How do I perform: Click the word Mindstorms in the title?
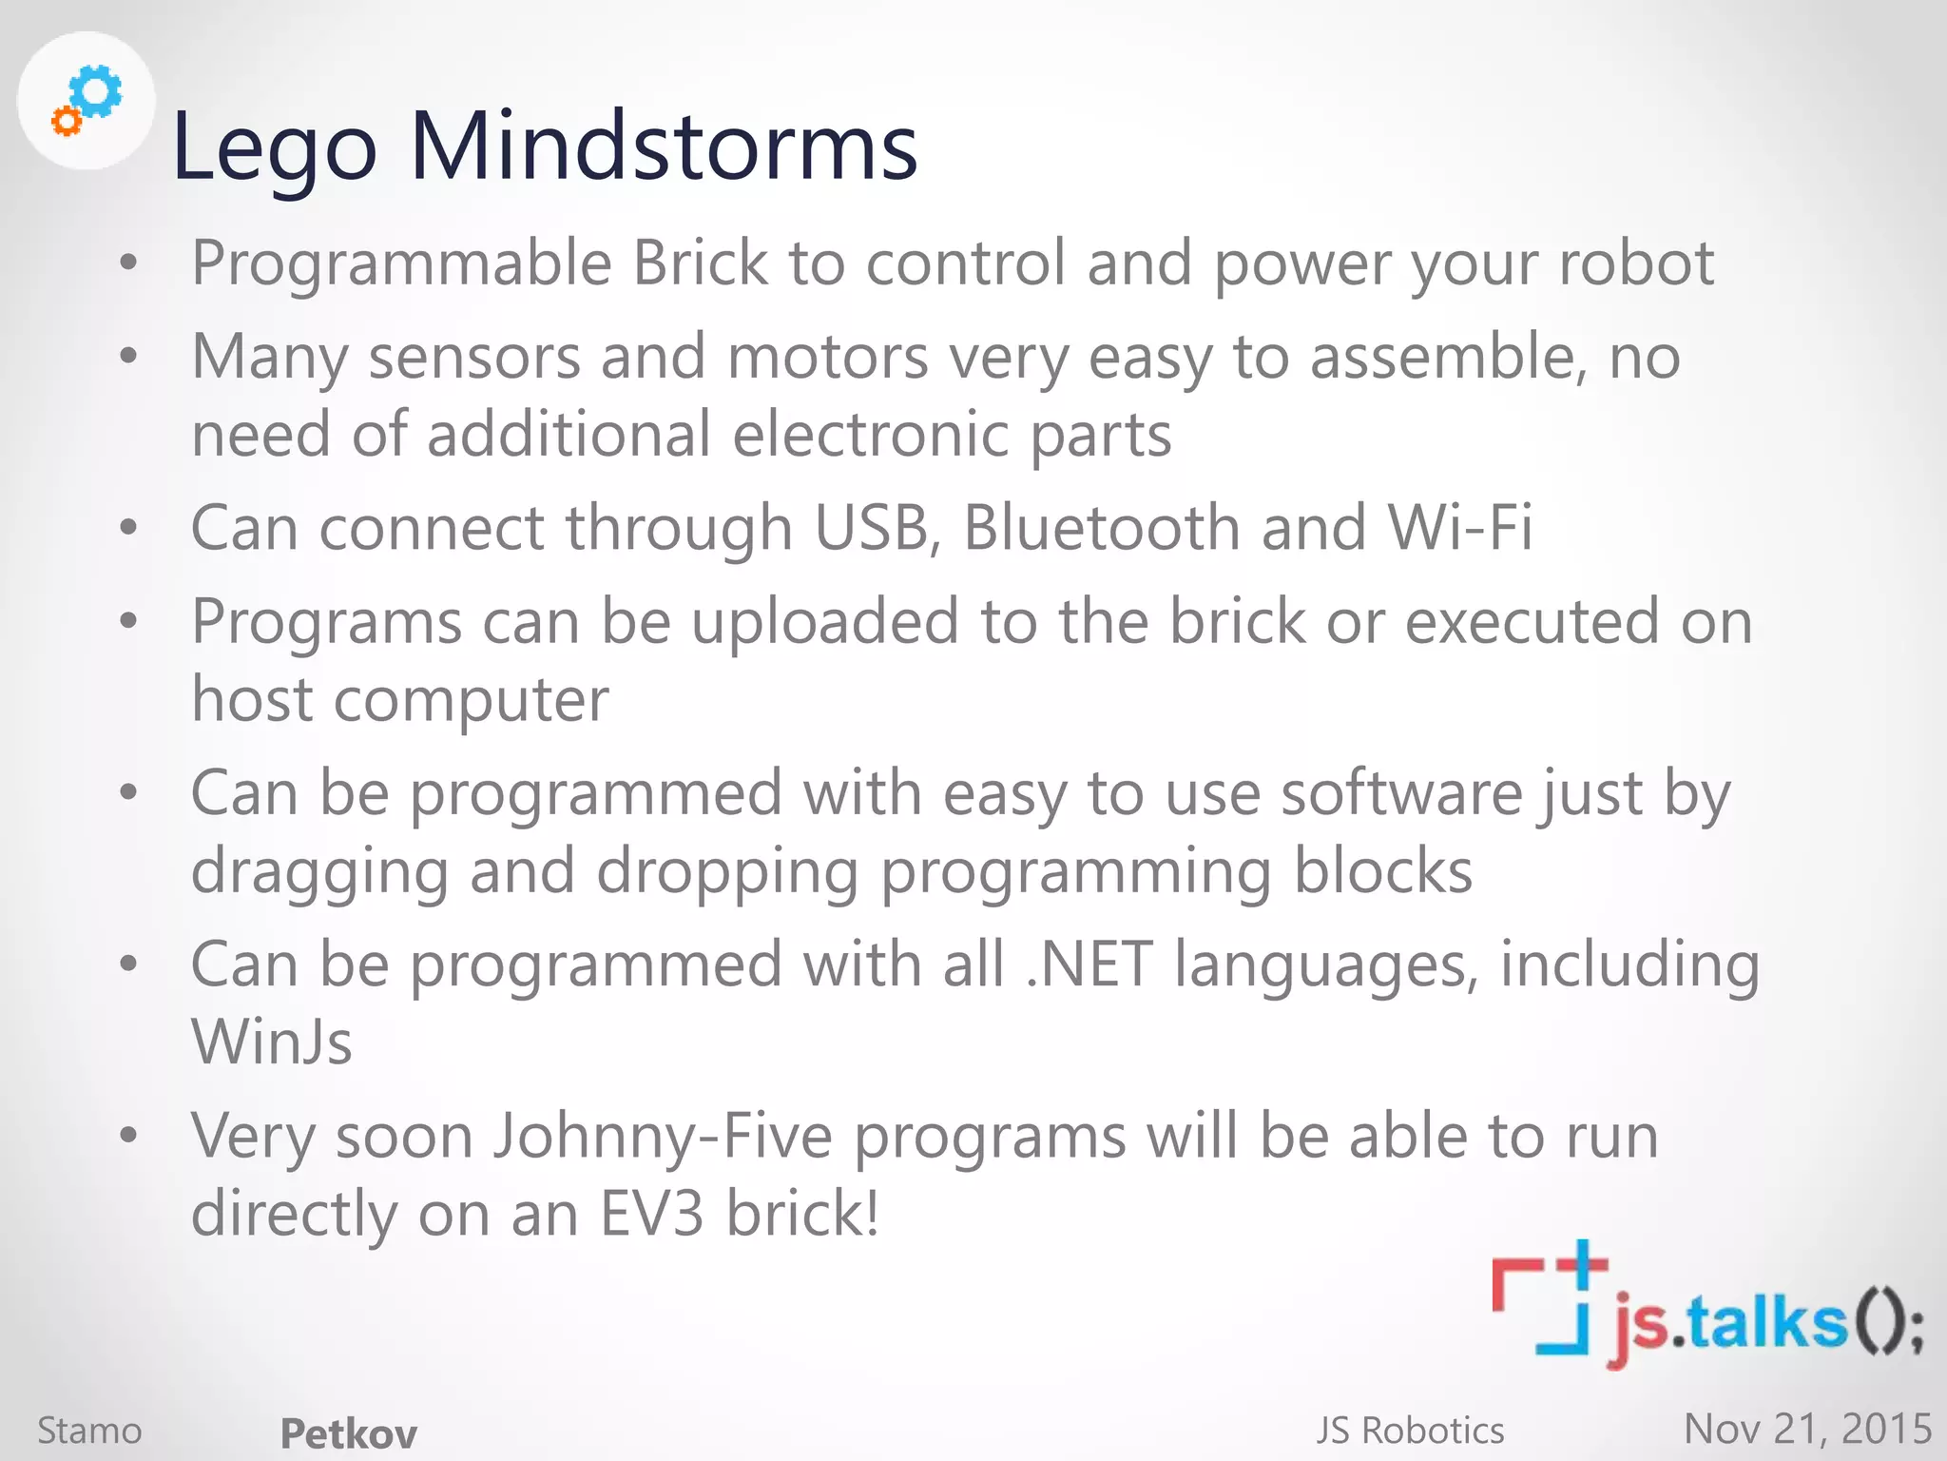tap(663, 146)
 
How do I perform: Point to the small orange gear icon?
tap(66, 122)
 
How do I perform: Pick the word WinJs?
tap(272, 1042)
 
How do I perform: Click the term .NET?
tap(1089, 964)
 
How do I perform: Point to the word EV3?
tap(652, 1214)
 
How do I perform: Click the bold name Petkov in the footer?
tap(349, 1433)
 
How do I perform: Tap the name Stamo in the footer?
tap(89, 1431)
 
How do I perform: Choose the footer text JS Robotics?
tap(1410, 1431)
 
